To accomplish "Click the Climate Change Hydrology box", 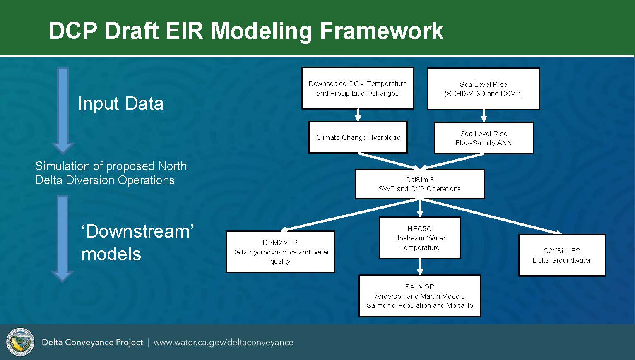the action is (358, 137).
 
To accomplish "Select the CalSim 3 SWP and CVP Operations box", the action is (420, 184).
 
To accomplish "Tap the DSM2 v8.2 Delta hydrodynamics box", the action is (280, 252).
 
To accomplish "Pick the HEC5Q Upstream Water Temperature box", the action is (420, 238).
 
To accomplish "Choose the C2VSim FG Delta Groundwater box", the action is (562, 255).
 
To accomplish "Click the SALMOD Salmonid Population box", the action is (420, 296).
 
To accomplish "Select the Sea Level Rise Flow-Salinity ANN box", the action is (483, 138).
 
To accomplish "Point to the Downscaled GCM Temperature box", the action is (358, 88).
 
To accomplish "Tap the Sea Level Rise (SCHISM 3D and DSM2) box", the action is (483, 89).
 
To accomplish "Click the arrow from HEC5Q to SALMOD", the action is (420, 267).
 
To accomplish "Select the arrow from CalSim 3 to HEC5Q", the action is (420, 208).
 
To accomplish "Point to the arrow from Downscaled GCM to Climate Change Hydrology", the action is (358, 115).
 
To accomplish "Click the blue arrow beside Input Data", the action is (63, 110).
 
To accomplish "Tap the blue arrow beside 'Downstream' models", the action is (63, 239).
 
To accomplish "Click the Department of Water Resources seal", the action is (20, 342).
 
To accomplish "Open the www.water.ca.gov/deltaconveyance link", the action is (224, 343).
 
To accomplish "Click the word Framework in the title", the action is (382, 31).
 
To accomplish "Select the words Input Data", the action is (121, 103).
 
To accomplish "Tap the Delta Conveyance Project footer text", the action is (92, 343).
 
